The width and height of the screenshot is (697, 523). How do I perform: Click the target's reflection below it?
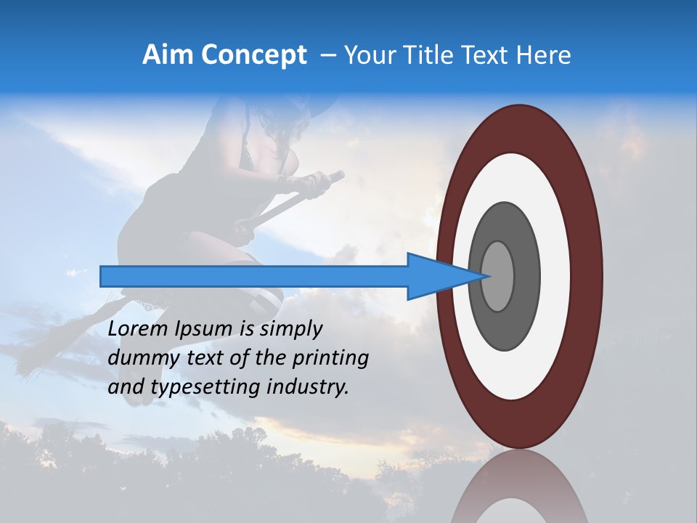tap(519, 487)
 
